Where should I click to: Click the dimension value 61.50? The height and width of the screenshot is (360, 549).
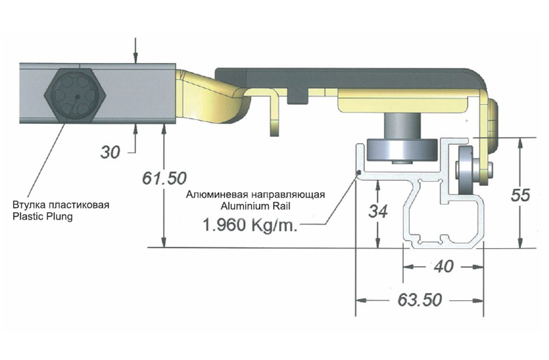(164, 178)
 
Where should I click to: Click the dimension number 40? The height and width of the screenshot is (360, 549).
(443, 266)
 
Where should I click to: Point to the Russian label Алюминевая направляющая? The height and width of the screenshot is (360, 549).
(255, 195)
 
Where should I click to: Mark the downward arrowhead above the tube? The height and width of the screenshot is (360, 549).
(135, 58)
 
